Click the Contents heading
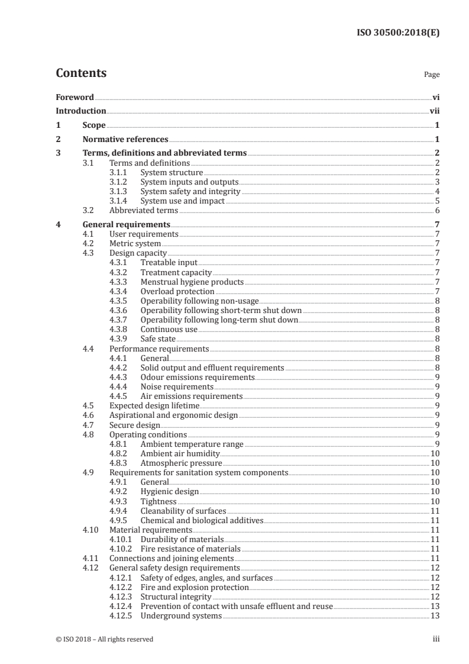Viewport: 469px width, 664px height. [81, 73]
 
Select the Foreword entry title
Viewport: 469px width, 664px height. [75, 97]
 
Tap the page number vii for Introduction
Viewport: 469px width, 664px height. [434, 111]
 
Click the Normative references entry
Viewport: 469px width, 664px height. [125, 140]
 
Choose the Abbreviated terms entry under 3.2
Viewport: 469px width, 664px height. [144, 210]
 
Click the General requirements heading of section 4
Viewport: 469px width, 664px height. [127, 224]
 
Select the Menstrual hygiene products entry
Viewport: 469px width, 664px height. [192, 282]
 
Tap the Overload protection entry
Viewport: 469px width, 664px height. [177, 291]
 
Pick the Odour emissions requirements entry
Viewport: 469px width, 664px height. [198, 377]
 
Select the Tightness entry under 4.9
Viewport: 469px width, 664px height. [159, 501]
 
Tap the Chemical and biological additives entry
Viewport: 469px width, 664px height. [201, 520]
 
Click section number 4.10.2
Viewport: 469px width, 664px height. [121, 549]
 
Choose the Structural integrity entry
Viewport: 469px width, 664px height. [176, 597]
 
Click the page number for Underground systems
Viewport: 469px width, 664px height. [435, 615]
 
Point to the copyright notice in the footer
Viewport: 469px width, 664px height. [104, 639]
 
